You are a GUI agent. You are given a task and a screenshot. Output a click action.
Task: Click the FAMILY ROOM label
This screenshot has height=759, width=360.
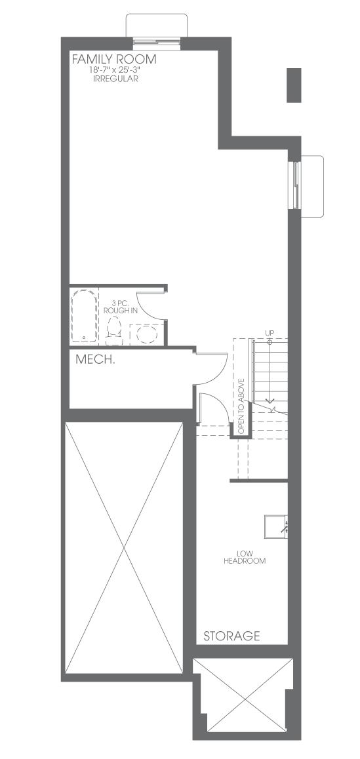[114, 60]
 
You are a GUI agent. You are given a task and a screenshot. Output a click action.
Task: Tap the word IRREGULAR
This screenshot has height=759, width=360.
[115, 79]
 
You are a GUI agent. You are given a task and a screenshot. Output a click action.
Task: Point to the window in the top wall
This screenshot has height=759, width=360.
[157, 43]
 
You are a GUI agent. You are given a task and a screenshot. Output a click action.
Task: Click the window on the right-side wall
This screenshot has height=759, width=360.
[295, 184]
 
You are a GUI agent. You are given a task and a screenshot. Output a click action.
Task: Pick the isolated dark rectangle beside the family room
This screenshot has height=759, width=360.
[294, 85]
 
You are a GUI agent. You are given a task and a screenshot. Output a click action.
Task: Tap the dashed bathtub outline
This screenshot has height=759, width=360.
[84, 315]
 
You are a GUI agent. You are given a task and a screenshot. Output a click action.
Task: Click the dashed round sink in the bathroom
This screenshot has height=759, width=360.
[146, 334]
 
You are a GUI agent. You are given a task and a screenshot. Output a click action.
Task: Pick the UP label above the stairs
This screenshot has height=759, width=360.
[270, 332]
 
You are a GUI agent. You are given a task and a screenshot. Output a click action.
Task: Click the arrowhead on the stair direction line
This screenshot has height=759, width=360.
[270, 400]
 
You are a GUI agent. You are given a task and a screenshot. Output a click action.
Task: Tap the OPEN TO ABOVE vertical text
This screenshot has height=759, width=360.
[241, 406]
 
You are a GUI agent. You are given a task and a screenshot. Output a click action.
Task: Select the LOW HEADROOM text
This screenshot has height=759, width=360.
[245, 557]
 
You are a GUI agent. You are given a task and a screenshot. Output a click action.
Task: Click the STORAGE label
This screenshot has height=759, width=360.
[231, 636]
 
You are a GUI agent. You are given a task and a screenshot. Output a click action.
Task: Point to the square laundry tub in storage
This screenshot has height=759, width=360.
[275, 526]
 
